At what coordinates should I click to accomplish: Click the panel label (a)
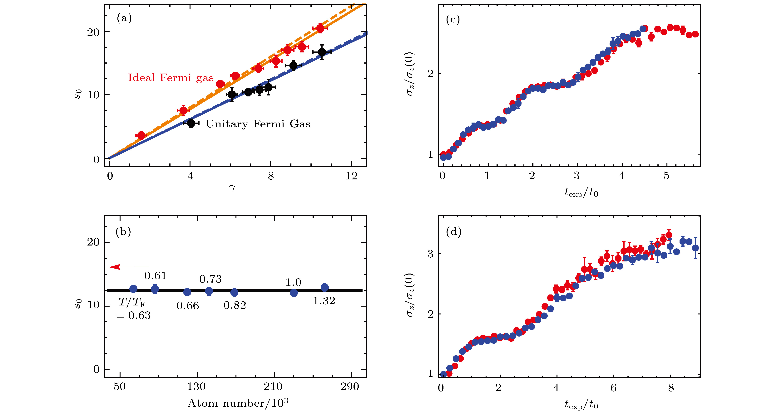coord(124,19)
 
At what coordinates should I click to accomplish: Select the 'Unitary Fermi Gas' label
coord(258,124)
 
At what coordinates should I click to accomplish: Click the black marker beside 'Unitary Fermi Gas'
coord(191,123)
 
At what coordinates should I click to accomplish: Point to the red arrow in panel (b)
coord(129,267)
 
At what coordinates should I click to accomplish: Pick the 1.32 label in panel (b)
coord(324,301)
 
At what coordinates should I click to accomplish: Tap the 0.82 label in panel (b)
coord(235,305)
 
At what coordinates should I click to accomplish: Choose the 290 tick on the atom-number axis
coord(349,387)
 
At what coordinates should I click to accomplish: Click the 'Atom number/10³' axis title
coord(238,403)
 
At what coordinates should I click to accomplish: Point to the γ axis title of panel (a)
coord(232,188)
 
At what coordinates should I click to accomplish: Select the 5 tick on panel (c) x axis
coord(666,176)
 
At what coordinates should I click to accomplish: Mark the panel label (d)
coord(453,232)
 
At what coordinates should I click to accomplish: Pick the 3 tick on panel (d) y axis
coord(430,254)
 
